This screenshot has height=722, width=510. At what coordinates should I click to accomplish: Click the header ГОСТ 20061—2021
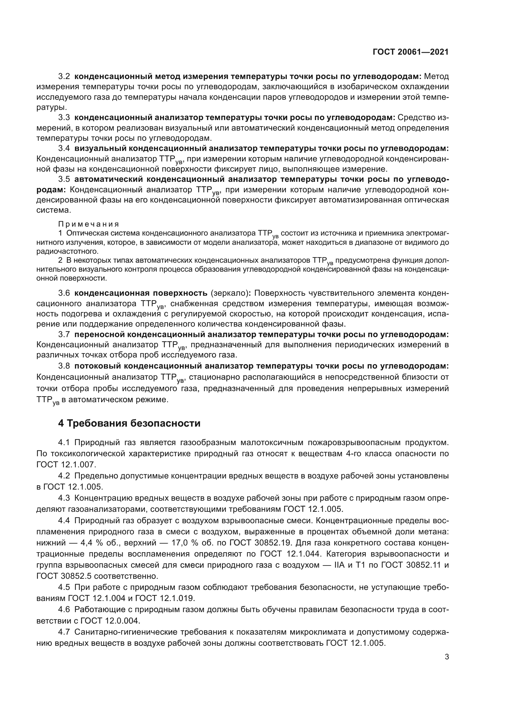(410, 52)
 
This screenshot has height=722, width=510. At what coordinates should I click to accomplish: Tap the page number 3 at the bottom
(446, 657)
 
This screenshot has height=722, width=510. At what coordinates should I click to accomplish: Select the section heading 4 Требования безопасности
(129, 423)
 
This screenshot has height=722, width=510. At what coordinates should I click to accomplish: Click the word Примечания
(88, 224)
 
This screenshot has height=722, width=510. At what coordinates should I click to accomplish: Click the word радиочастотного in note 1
(67, 251)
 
